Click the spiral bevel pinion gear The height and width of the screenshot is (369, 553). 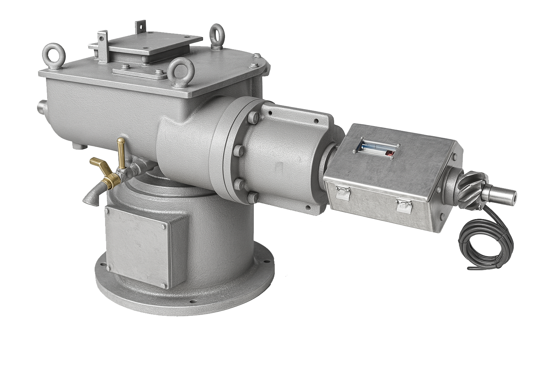(x=470, y=186)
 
